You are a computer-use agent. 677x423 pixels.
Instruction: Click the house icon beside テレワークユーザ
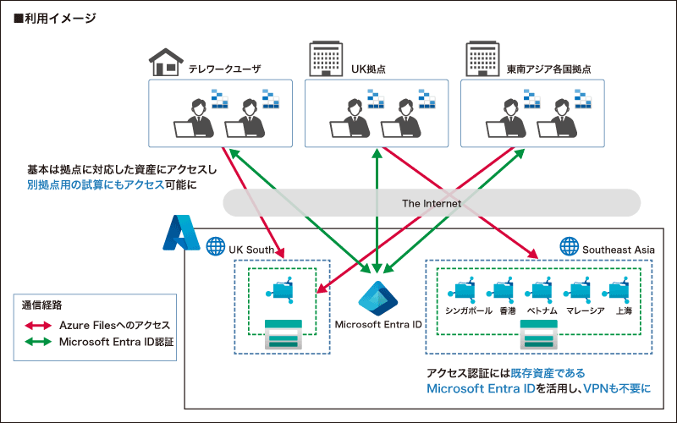[166, 61]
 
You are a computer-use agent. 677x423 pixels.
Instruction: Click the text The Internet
[432, 203]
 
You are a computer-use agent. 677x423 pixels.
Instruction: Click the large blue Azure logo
[179, 233]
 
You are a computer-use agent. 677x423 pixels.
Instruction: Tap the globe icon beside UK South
[214, 249]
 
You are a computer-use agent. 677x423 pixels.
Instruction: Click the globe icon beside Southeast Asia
[569, 248]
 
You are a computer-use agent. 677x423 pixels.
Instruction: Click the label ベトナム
[542, 310]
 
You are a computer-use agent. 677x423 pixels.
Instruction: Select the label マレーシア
[585, 310]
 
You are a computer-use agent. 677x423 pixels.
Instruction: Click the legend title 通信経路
[41, 304]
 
